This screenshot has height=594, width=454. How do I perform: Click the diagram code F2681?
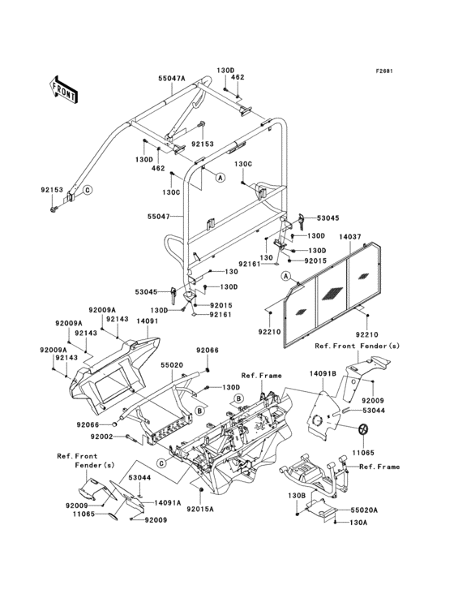click(x=383, y=71)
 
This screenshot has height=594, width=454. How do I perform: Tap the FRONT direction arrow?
click(x=64, y=89)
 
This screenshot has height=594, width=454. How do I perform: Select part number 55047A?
click(x=172, y=79)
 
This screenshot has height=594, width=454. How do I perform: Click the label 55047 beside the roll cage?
click(x=159, y=217)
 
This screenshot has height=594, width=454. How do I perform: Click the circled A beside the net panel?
click(x=286, y=278)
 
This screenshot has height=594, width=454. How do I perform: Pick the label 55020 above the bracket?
click(x=172, y=366)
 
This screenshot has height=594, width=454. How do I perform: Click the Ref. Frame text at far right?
click(x=379, y=467)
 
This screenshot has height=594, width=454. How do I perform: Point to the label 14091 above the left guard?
click(x=146, y=321)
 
